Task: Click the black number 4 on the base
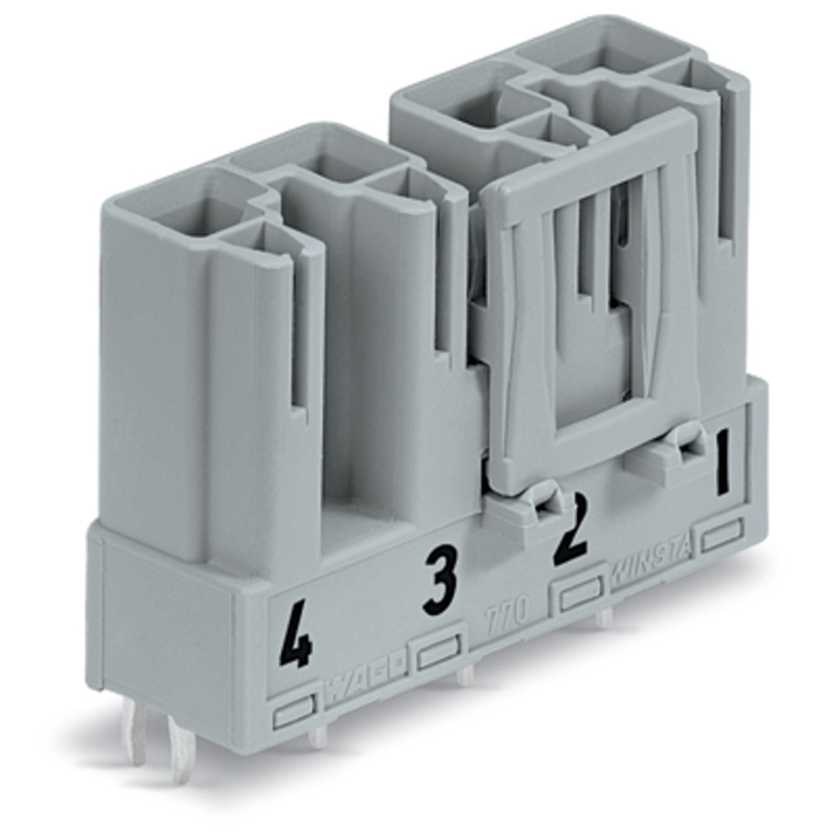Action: click(295, 637)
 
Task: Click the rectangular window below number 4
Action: click(295, 711)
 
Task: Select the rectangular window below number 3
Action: click(438, 654)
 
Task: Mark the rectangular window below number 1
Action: click(721, 535)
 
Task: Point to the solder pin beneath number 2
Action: click(606, 617)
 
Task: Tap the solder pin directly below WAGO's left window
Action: click(317, 735)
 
